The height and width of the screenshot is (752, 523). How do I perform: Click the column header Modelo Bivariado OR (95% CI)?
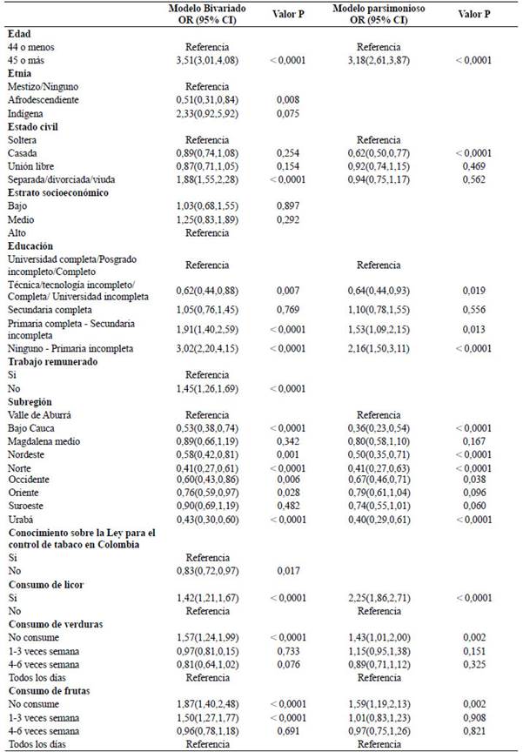206,14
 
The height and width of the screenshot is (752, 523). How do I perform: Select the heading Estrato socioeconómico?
59,193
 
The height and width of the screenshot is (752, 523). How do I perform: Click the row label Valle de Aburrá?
40,415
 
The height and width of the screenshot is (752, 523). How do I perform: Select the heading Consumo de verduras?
56,624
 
